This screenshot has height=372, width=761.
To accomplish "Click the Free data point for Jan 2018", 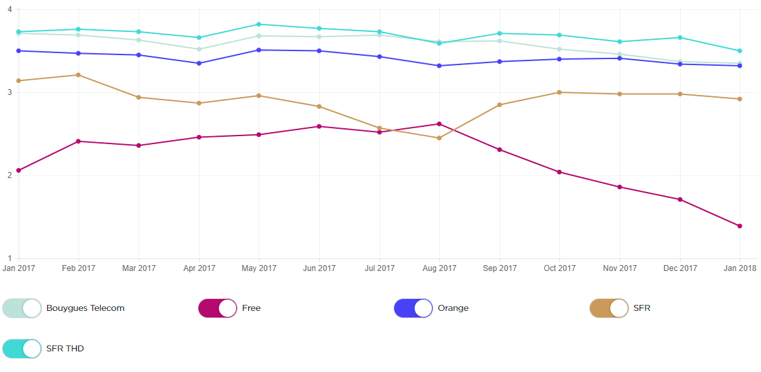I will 739,226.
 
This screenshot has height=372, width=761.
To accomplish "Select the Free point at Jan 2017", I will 19,171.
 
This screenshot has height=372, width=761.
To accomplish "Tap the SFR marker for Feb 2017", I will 78,75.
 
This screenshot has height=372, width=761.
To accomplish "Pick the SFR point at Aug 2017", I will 439,138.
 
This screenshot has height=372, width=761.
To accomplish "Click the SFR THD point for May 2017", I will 259,25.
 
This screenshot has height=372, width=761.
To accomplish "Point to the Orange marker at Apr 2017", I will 199,63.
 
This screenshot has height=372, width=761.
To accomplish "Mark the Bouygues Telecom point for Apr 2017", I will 199,49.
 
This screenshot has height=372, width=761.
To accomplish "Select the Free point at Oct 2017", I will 559,172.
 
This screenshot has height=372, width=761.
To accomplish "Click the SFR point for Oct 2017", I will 559,92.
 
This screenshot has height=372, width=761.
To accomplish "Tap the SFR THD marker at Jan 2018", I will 739,51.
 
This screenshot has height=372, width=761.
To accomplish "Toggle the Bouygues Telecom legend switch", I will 22,308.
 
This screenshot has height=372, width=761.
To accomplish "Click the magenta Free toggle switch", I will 218,308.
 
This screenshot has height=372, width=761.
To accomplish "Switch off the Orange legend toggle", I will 413,308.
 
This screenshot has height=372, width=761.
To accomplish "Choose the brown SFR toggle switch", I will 609,308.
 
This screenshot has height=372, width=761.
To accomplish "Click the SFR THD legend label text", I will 65,348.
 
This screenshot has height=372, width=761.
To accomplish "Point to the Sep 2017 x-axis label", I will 500,268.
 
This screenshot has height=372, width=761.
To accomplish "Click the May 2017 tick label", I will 259,268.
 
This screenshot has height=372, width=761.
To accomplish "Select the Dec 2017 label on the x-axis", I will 679,268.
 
